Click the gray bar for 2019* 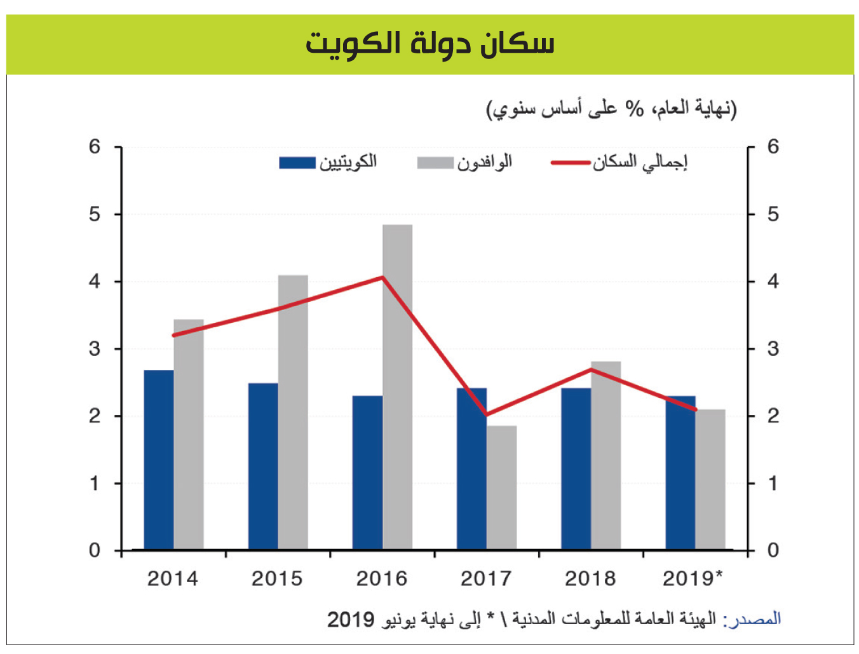pos(710,479)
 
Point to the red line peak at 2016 pos(383,277)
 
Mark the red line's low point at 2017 pos(486,414)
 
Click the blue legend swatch pos(297,163)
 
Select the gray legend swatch pos(435,163)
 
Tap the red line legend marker pos(570,163)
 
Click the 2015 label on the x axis pos(277,578)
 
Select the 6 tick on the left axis pos(95,147)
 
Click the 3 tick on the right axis pos(773,349)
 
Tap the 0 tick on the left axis pos(95,550)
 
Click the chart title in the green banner pos(430,44)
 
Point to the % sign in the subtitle pos(634,109)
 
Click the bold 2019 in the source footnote pos(351,619)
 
